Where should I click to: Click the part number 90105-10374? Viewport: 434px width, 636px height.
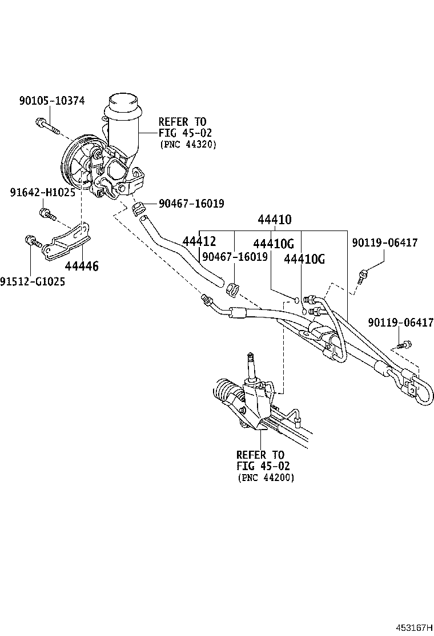point(51,101)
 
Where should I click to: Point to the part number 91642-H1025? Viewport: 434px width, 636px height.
point(42,193)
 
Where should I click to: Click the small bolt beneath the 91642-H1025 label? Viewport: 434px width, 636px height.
point(46,214)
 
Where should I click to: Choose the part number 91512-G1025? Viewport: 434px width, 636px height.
point(33,281)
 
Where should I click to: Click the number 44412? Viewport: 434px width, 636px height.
point(199,242)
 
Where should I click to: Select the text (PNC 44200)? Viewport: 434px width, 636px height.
point(266,478)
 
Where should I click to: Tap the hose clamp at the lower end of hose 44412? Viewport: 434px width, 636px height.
point(232,289)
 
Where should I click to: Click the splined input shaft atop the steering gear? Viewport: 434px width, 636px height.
point(250,364)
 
